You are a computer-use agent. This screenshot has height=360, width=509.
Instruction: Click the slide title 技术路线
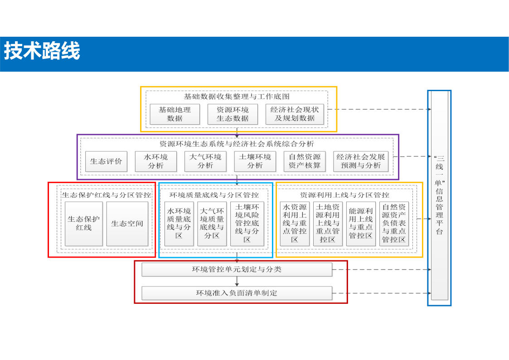click(42, 51)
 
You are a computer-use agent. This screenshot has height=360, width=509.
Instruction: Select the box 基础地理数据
click(175, 114)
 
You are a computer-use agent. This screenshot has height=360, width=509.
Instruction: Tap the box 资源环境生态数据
click(233, 114)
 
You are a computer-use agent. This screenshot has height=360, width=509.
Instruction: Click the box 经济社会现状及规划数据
click(295, 114)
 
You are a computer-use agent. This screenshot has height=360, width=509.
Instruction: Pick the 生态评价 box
click(106, 161)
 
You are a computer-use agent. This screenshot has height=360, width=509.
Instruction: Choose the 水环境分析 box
click(156, 161)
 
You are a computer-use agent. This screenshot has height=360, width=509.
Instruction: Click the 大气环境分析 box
click(205, 161)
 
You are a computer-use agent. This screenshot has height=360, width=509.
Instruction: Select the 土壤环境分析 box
click(255, 161)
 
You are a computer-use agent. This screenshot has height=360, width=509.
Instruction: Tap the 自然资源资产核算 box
click(305, 161)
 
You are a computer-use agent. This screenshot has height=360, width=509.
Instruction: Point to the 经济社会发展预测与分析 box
click(361, 161)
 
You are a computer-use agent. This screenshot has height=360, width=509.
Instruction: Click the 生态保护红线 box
click(84, 224)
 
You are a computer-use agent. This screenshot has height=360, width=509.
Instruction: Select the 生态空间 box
click(127, 224)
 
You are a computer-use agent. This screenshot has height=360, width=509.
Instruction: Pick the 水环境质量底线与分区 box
click(179, 224)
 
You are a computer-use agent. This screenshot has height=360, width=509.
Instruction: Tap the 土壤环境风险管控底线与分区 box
click(247, 224)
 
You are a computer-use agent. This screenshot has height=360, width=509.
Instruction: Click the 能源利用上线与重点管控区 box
click(361, 224)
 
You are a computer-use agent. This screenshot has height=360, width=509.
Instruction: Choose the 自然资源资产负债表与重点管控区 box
click(394, 224)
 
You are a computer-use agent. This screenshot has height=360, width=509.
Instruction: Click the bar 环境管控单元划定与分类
click(237, 269)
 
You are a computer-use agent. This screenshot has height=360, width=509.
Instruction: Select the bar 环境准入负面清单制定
click(237, 293)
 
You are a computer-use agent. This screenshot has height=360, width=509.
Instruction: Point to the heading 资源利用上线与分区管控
click(344, 195)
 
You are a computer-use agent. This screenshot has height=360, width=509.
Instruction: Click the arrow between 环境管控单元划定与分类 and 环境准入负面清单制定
click(237, 282)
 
